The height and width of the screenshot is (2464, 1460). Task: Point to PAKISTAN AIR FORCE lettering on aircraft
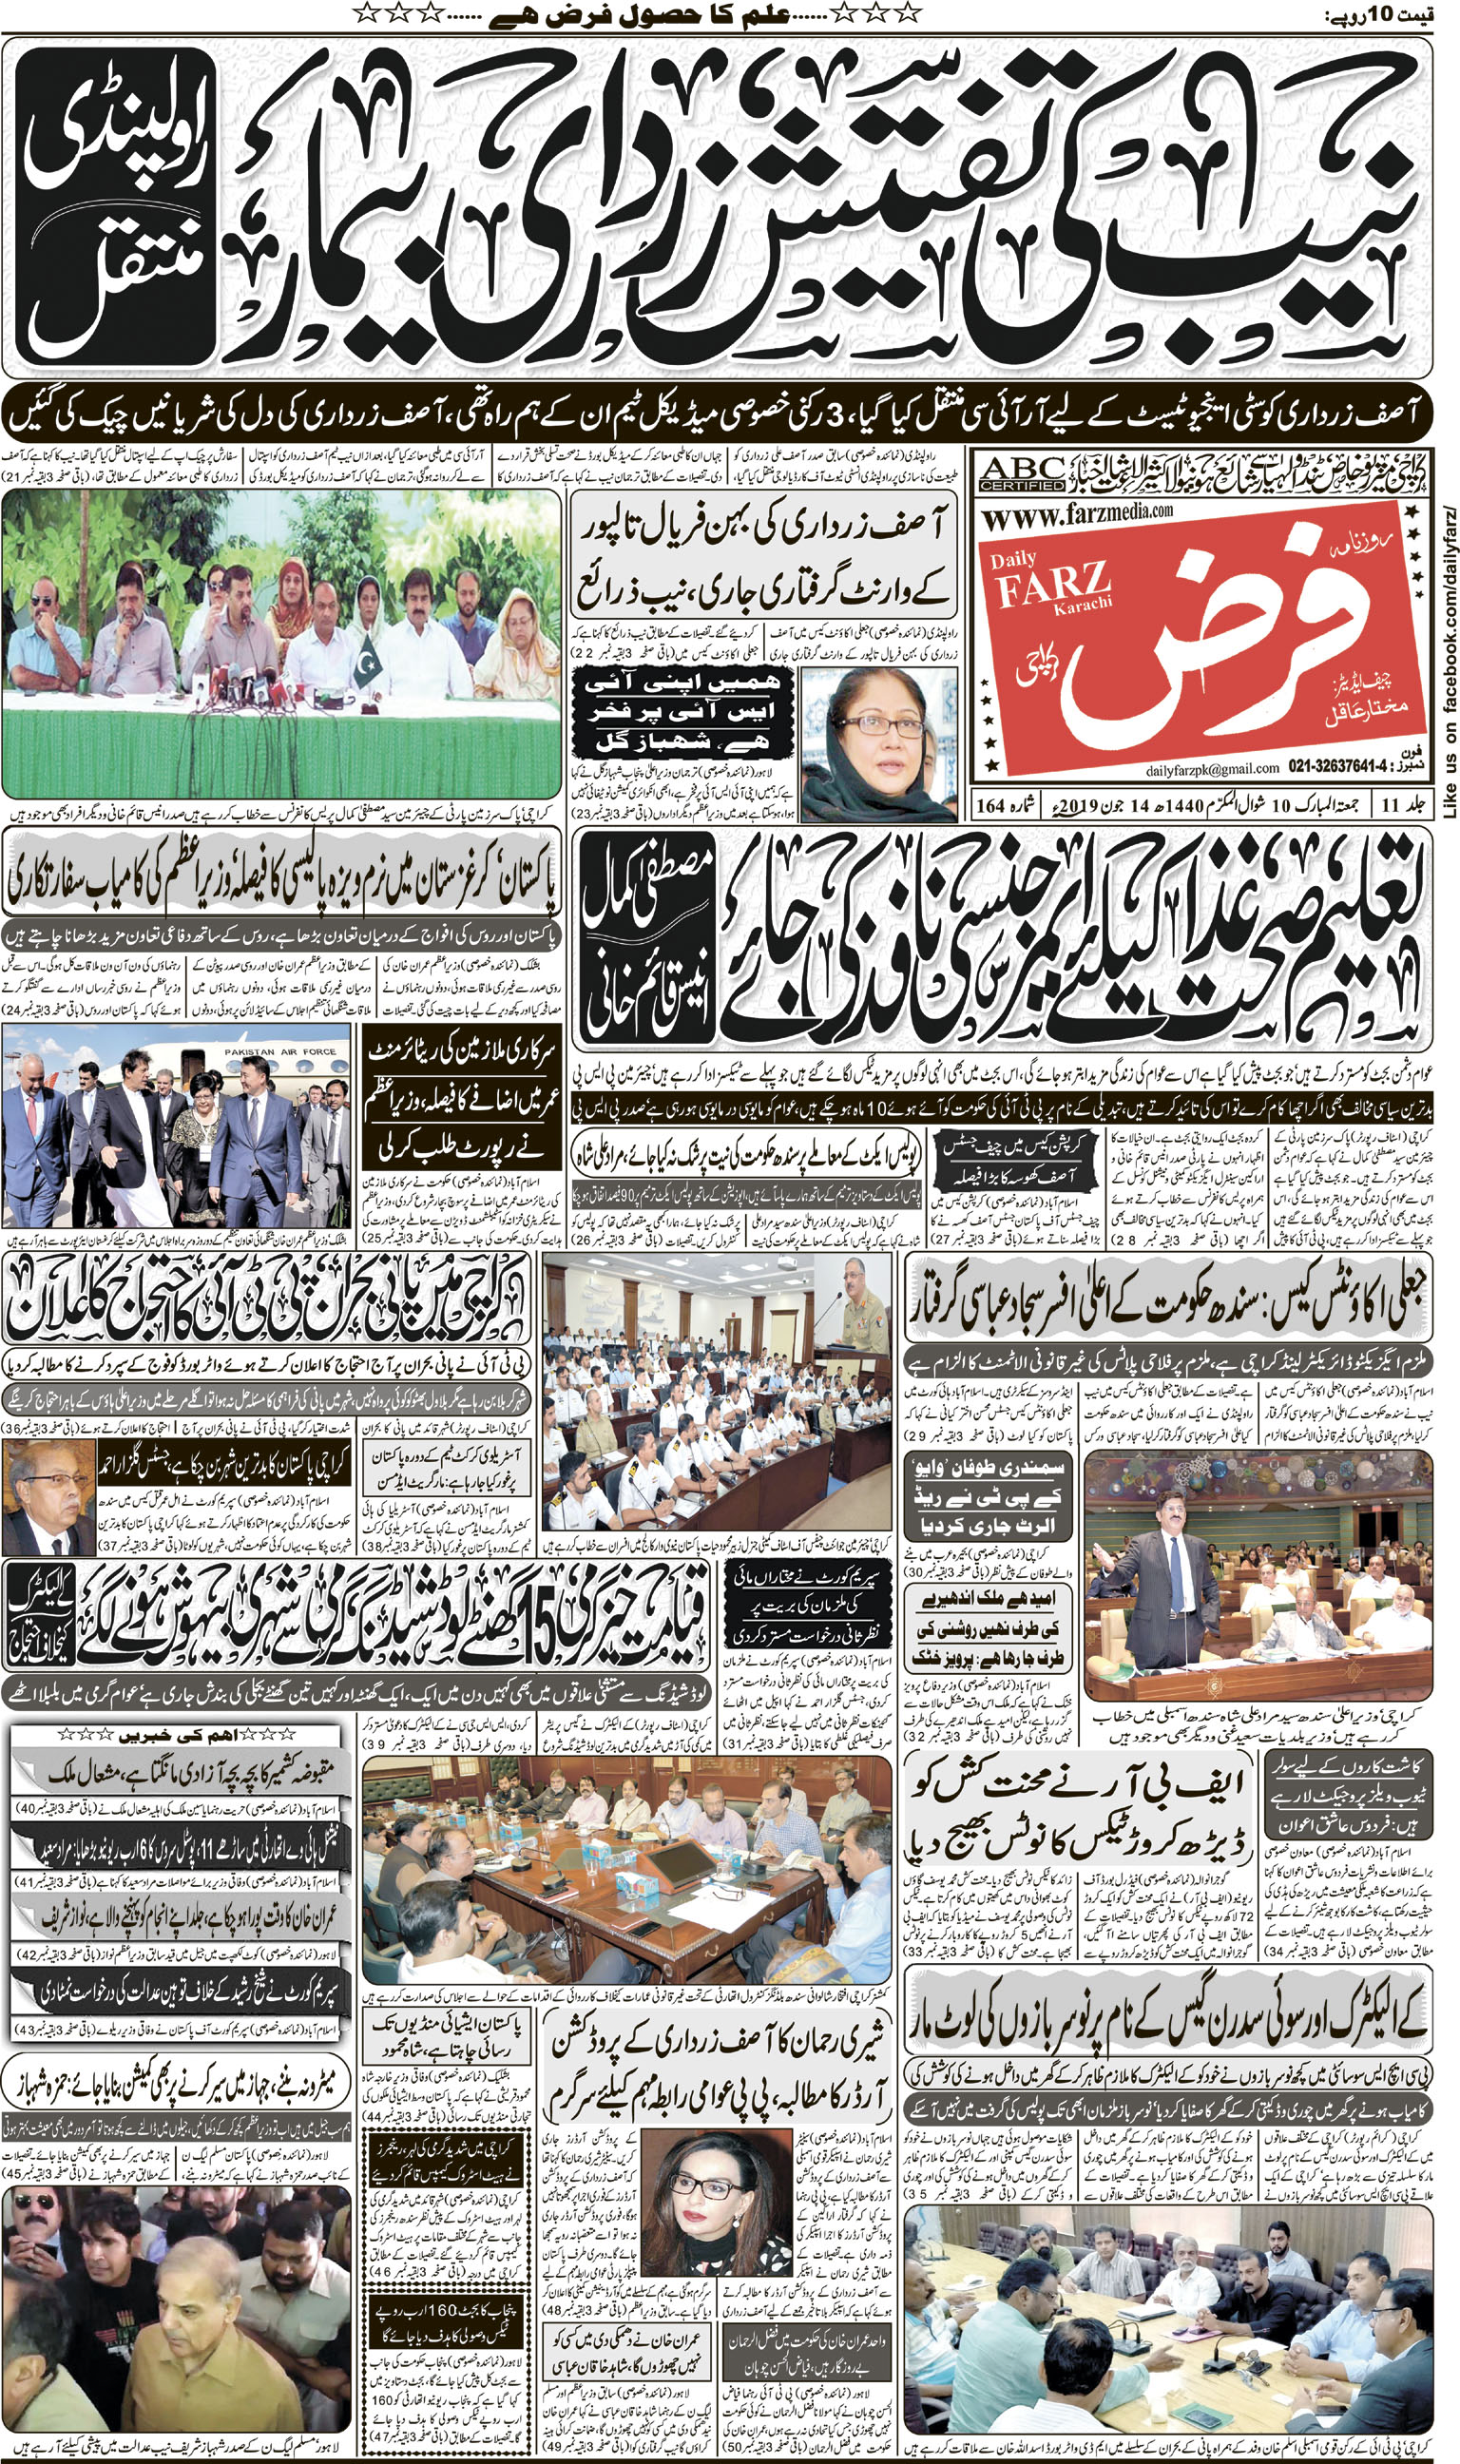pos(280,1051)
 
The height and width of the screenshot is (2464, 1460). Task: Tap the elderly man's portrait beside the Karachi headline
pos(48,1496)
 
